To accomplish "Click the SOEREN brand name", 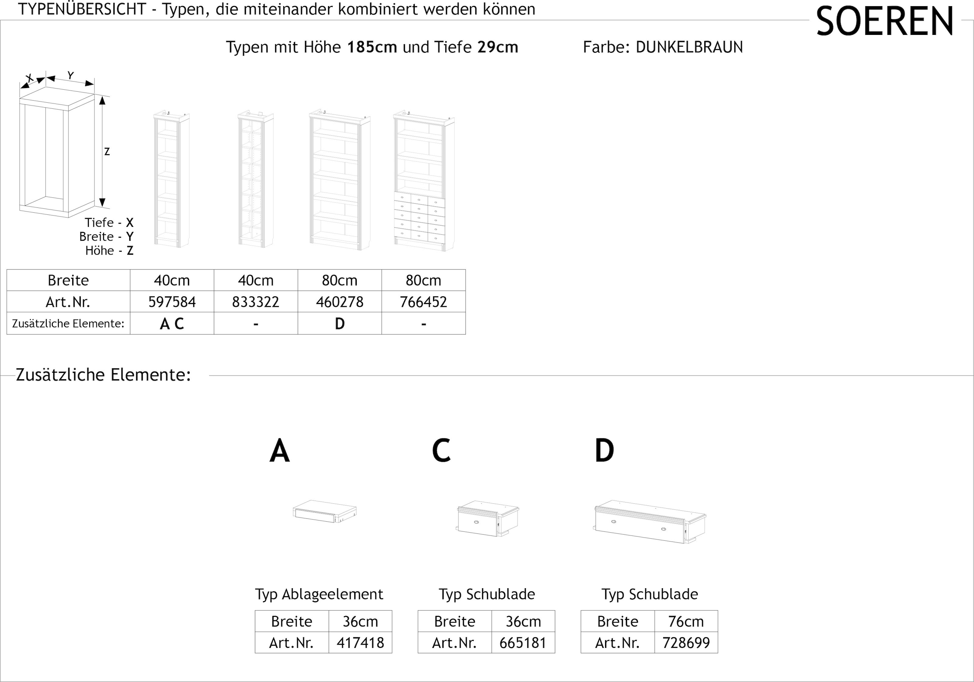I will point(884,22).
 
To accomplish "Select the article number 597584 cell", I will point(172,302).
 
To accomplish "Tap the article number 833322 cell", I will point(255,302).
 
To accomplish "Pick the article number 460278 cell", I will point(339,302).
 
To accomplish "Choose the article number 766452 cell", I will point(423,302).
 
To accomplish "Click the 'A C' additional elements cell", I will point(172,324).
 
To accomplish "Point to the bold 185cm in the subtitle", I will point(372,47).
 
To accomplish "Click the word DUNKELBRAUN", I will point(689,47).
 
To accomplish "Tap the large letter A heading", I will point(280,451).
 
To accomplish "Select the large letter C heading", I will point(441,451).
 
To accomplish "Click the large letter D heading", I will point(604,451).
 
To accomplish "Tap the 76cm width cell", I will point(685,622).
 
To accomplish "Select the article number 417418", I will point(360,643).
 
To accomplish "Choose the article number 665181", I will point(523,643).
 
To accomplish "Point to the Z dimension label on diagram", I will point(107,151).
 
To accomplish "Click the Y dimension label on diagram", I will point(71,76).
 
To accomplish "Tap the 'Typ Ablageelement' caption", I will point(319,594).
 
